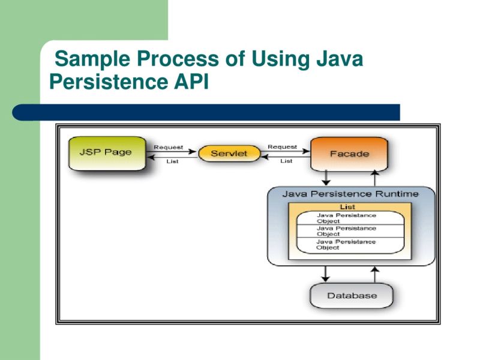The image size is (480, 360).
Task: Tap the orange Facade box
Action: point(349,154)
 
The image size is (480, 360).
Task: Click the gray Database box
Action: point(352,296)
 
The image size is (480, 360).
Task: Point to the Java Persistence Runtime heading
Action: point(351,194)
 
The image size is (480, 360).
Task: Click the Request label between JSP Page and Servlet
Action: point(169,147)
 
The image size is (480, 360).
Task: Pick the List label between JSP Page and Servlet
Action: point(172,161)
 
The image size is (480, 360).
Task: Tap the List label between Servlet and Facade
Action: point(286,161)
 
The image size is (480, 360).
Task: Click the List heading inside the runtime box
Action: point(347,207)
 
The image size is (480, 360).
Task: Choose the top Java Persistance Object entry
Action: point(346,218)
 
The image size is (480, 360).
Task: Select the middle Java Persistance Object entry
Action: point(346,231)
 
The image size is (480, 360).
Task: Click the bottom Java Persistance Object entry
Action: point(346,244)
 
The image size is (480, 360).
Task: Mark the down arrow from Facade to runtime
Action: point(326,178)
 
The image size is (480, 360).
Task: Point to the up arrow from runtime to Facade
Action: point(375,178)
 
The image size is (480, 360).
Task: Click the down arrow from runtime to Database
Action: point(326,274)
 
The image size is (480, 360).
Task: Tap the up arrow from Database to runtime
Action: point(375,274)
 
